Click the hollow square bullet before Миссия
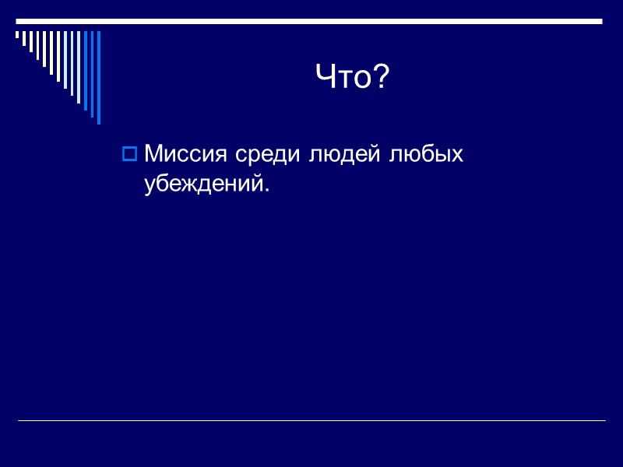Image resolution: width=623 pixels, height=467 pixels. pos(129,154)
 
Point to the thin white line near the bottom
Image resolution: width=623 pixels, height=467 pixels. pos(311,421)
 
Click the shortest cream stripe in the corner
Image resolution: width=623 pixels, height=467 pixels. pos(17,34)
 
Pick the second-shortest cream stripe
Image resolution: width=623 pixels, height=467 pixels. pos(24,38)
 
